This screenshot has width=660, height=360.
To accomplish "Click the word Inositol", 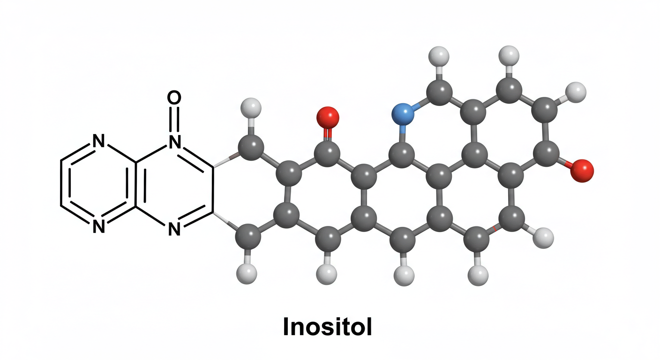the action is coord(327,328).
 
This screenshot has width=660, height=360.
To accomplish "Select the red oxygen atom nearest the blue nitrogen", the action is coord(327,117).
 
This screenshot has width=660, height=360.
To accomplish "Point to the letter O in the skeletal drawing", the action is coord(174,98).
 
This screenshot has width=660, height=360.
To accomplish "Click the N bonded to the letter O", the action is coord(174,141).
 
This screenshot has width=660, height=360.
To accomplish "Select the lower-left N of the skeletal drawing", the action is coord(98,226).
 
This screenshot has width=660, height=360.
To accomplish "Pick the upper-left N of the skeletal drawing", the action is coord(98,141).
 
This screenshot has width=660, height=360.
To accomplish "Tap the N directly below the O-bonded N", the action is coord(174,229).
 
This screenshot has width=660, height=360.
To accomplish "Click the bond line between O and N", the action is coord(174,120).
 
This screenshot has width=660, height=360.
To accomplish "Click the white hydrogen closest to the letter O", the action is coord(250,108).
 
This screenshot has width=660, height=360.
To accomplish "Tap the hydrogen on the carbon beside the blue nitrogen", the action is coord(439,57).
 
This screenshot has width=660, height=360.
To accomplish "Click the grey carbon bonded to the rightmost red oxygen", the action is coord(546,153).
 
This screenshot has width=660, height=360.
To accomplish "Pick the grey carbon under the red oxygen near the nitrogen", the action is coord(327,153).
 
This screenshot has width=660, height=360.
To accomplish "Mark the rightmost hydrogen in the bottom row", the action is coord(543,238).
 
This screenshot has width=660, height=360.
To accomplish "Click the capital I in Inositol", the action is coord(285,328).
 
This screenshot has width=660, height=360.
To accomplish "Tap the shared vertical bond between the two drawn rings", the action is coord(136,184).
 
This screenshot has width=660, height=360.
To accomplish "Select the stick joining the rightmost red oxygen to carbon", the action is coord(566,162).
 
